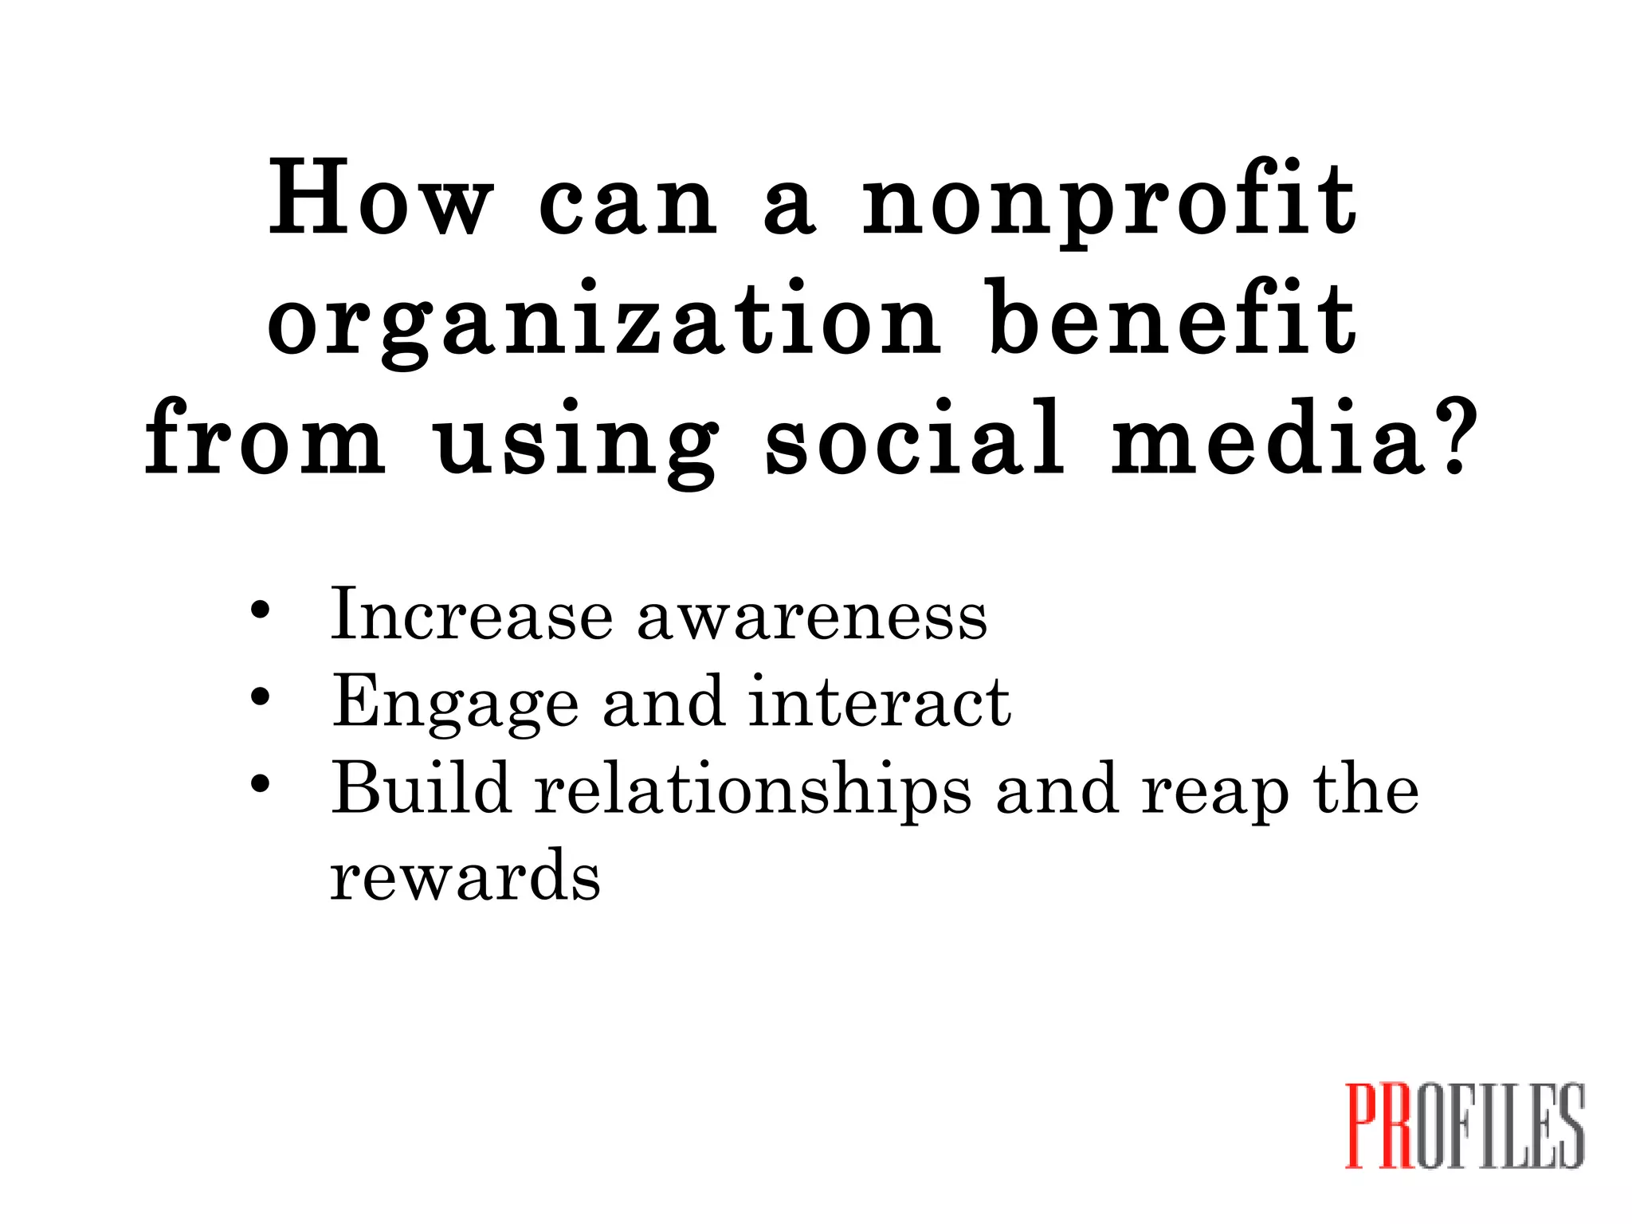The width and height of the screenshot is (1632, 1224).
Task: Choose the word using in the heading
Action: [x=577, y=443]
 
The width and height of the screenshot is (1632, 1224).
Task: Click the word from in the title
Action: [x=265, y=438]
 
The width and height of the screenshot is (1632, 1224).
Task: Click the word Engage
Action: [x=455, y=704]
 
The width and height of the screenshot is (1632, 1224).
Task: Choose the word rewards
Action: [x=465, y=876]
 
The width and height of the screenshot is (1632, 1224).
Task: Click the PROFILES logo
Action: [x=1464, y=1125]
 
